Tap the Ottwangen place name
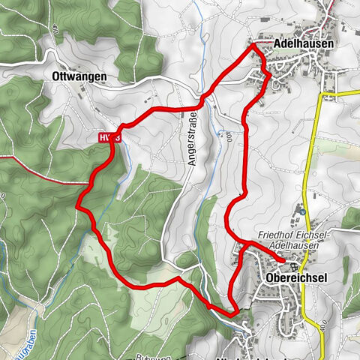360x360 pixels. (x=79, y=76)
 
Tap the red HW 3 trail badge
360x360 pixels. (x=108, y=138)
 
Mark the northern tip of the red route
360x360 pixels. (x=253, y=46)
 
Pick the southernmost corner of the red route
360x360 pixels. (x=235, y=312)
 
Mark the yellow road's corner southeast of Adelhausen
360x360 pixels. (x=323, y=96)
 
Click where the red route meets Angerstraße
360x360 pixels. (x=201, y=106)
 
